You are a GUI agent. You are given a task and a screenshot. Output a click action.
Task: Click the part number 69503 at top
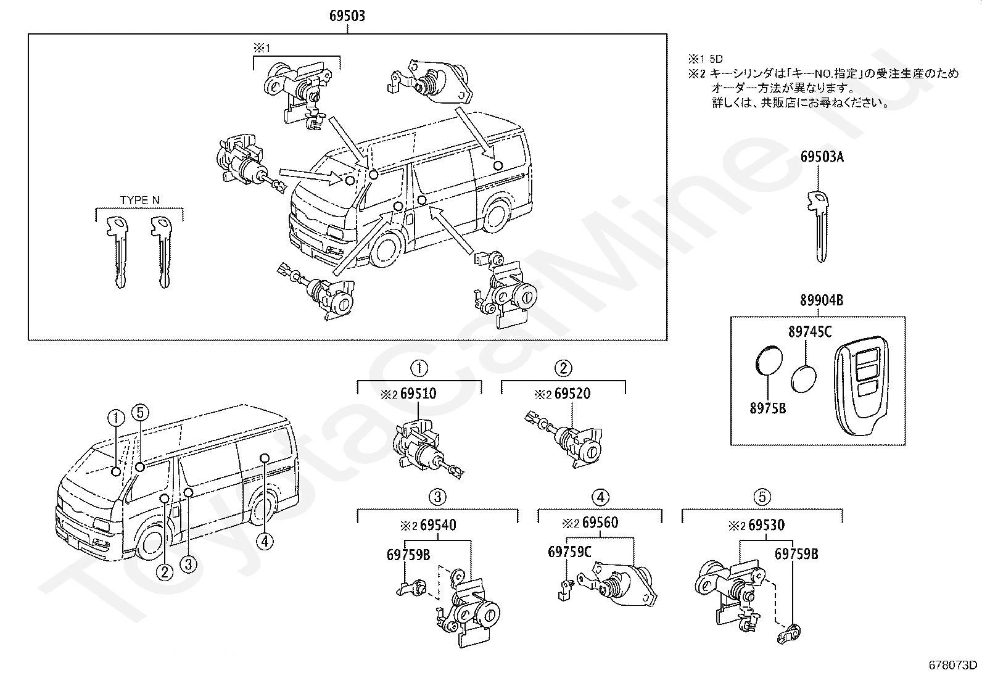pos(347,15)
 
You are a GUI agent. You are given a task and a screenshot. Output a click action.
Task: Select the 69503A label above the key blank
pos(822,157)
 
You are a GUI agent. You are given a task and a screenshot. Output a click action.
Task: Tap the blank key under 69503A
pos(819,225)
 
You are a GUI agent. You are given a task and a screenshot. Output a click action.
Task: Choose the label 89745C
pos(809,333)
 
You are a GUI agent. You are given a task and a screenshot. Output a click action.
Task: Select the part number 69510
pos(418,393)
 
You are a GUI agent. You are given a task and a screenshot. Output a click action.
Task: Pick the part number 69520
pos(572,393)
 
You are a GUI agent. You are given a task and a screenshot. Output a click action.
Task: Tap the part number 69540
pos(437,525)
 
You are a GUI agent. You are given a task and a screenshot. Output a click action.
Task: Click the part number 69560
pos(600,523)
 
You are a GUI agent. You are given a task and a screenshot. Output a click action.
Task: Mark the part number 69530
pos(766,525)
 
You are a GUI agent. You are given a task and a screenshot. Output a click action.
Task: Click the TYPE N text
pos(139,200)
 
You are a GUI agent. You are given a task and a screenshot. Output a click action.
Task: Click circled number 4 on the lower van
pos(265,542)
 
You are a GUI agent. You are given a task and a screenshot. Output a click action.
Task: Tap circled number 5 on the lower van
pos(140,412)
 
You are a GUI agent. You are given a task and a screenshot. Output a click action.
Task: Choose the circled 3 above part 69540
pos(437,496)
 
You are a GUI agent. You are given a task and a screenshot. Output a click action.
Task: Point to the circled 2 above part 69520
pos(563,368)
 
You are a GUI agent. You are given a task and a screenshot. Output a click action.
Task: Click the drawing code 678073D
pos(953,665)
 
